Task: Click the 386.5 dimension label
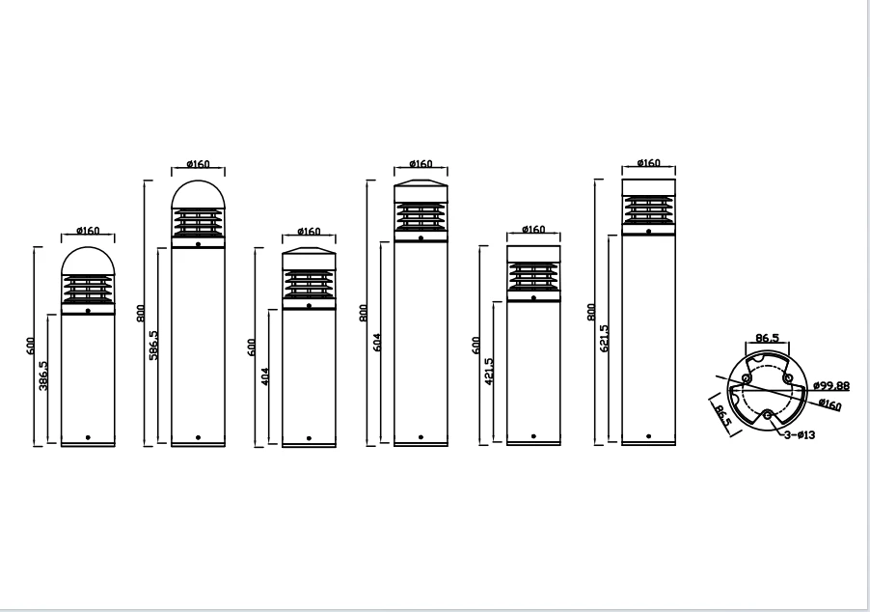43,376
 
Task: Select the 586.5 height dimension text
153,346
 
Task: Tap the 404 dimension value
264,377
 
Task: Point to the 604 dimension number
377,342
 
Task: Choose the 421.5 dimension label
489,372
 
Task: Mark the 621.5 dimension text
604,338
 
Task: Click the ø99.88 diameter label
831,385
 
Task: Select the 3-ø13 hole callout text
800,434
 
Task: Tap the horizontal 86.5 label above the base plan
768,338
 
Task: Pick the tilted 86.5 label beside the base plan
722,416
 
